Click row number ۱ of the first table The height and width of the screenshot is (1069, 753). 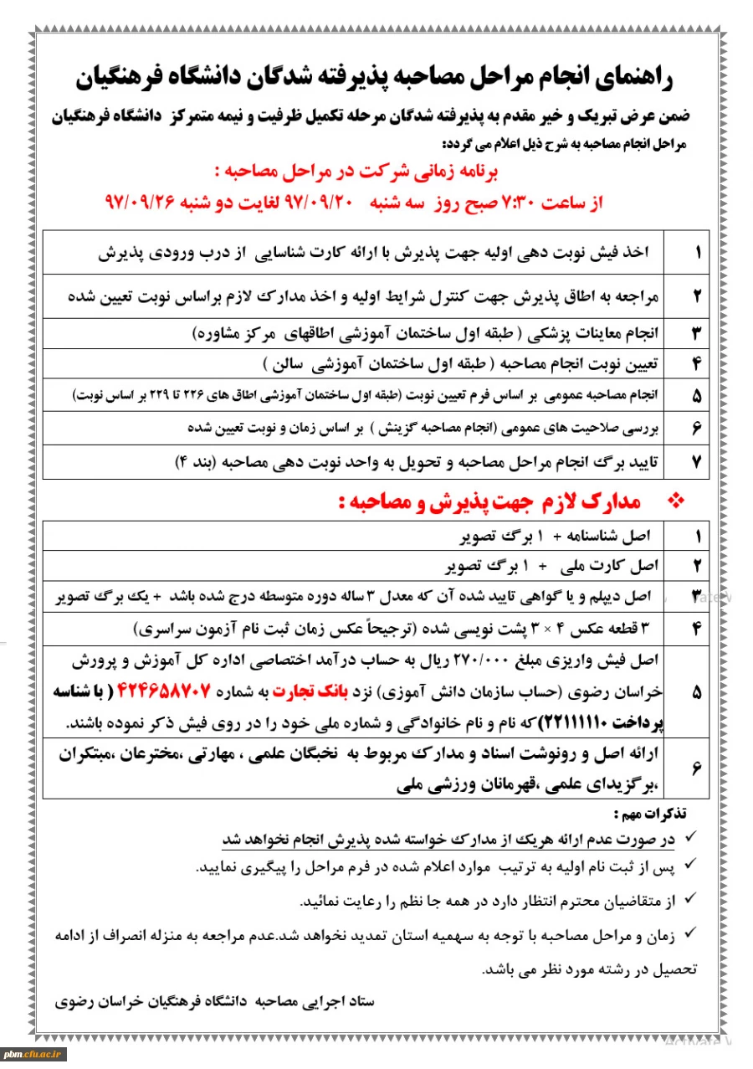coord(697,251)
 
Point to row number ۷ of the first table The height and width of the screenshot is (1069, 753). coord(697,461)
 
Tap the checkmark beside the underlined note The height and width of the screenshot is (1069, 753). coord(690,838)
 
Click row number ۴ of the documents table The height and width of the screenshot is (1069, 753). coord(697,627)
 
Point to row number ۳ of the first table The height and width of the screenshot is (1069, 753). coord(697,332)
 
